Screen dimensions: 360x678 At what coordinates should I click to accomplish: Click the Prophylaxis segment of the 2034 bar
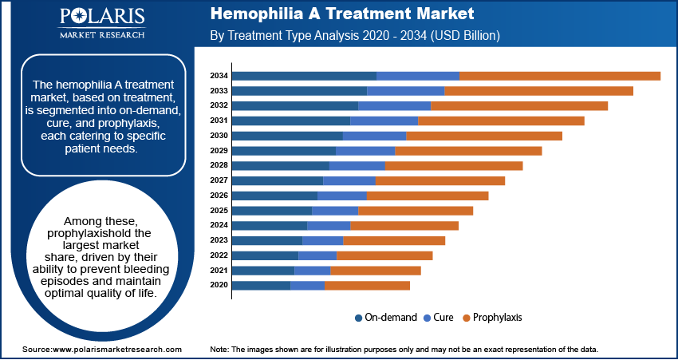559,76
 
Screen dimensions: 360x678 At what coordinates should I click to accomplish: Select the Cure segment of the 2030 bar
374,136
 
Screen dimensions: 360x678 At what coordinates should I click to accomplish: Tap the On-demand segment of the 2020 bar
261,285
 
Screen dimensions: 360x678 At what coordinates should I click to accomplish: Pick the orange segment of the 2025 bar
416,211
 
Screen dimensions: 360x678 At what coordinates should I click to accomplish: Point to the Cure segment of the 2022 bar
317,255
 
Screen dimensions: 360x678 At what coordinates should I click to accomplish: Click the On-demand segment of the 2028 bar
280,165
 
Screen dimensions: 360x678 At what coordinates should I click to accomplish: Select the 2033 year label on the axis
219,91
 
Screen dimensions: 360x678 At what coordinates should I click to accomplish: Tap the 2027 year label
219,180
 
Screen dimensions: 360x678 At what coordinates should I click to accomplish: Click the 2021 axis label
219,271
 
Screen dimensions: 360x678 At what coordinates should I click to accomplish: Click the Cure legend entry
443,318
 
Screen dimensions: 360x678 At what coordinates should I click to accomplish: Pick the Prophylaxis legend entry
497,318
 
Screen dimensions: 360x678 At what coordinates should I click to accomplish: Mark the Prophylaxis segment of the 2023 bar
393,240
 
